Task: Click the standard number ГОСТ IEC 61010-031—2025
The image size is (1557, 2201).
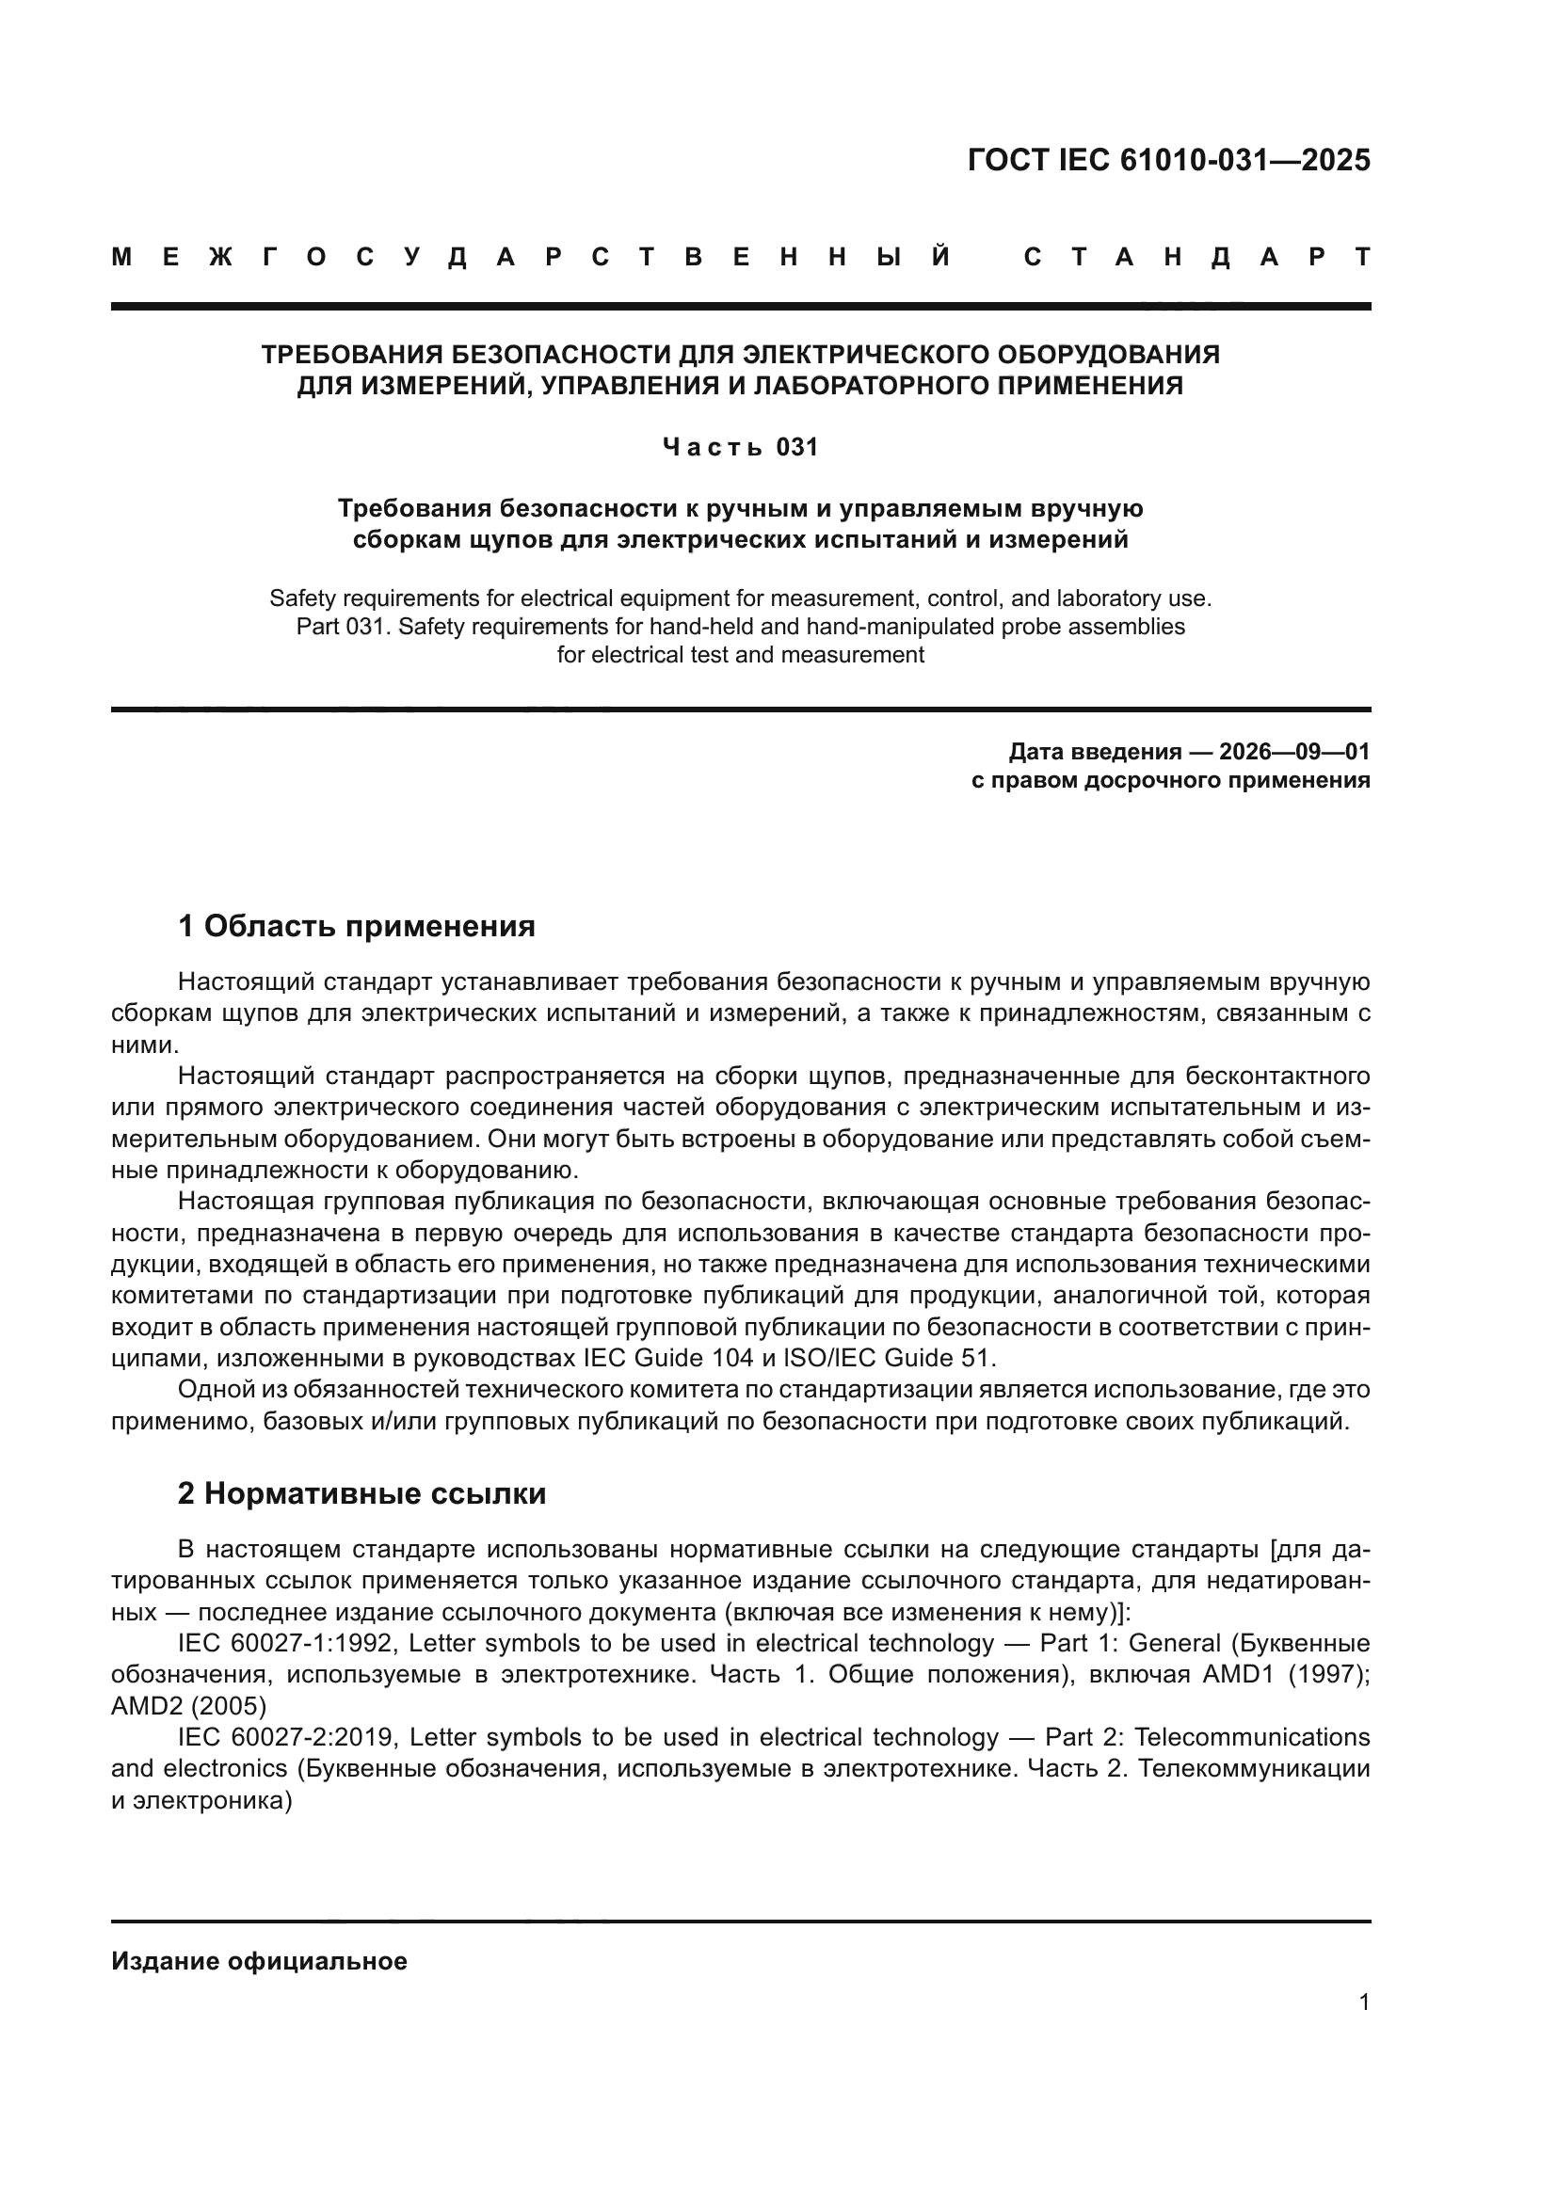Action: coord(1169,160)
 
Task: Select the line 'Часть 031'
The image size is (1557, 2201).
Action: coord(740,447)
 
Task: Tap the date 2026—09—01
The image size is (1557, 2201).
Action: coord(1293,751)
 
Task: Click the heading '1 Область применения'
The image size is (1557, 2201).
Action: coord(356,926)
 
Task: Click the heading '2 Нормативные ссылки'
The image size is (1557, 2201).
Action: coord(361,1493)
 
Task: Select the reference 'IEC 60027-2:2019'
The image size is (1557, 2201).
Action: coord(286,1737)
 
